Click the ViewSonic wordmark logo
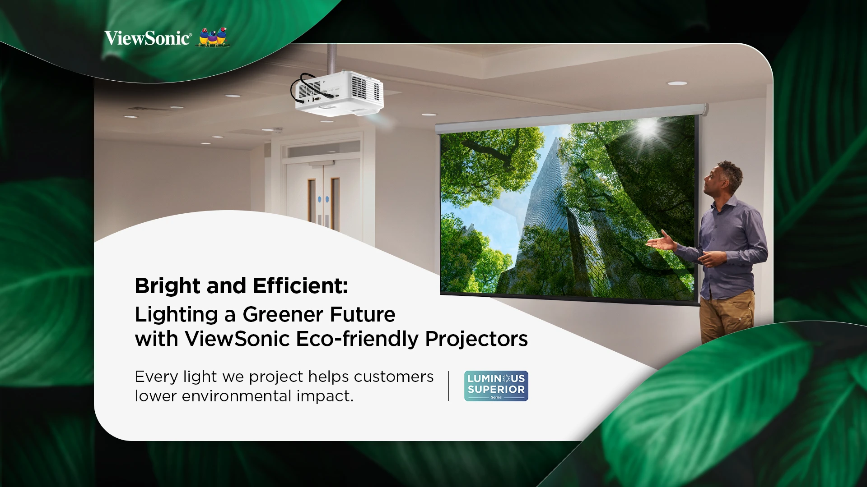148,38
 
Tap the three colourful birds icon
214,37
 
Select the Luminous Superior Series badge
496,386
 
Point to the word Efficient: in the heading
301,285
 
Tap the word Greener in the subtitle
277,314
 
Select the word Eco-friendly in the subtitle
357,339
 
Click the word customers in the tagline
394,377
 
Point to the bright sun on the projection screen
647,128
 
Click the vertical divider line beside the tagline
448,386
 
